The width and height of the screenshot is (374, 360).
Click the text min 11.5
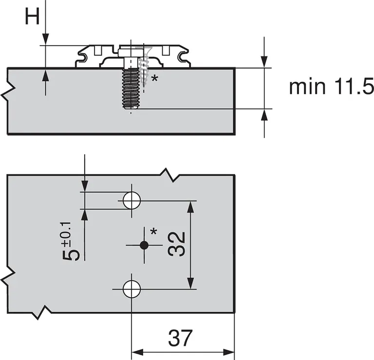tap(331, 87)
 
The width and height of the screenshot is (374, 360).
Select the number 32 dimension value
tap(176, 244)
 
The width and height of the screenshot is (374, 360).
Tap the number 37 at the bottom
tap(181, 338)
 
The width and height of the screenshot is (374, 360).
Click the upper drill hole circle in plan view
tap(131, 200)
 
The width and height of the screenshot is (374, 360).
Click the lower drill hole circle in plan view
tap(131, 289)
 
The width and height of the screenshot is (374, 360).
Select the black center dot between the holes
tap(144, 245)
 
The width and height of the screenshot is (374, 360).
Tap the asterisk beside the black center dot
tap(154, 232)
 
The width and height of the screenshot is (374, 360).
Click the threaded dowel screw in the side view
tap(131, 88)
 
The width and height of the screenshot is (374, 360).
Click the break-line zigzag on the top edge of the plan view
tap(167, 175)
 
